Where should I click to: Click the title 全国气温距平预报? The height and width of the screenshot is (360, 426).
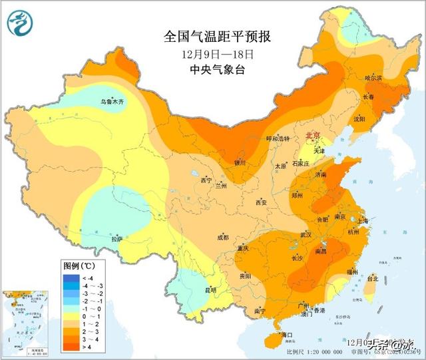[217, 35]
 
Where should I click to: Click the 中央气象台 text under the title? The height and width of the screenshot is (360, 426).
[217, 70]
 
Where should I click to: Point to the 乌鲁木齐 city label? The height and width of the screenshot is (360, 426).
[108, 102]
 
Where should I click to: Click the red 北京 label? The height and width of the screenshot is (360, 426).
[312, 136]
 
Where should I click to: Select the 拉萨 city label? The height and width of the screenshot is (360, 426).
[117, 239]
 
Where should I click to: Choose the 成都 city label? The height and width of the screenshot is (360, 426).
[222, 238]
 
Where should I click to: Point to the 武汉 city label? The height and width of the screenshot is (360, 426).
[306, 235]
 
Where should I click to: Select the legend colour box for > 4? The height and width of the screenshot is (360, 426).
[71, 347]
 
